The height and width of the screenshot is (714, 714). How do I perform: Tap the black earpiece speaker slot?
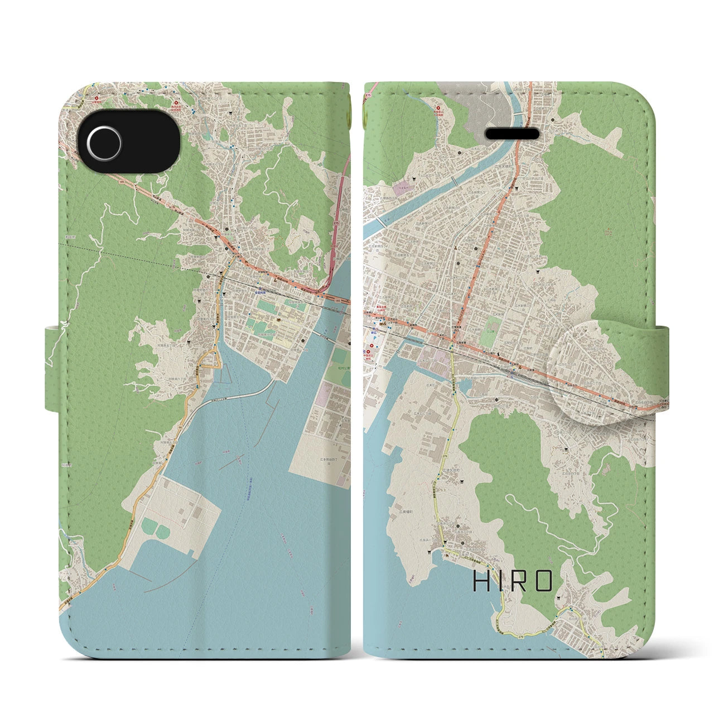(x=513, y=134)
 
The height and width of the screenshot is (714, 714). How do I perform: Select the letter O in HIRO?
(x=542, y=581)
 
